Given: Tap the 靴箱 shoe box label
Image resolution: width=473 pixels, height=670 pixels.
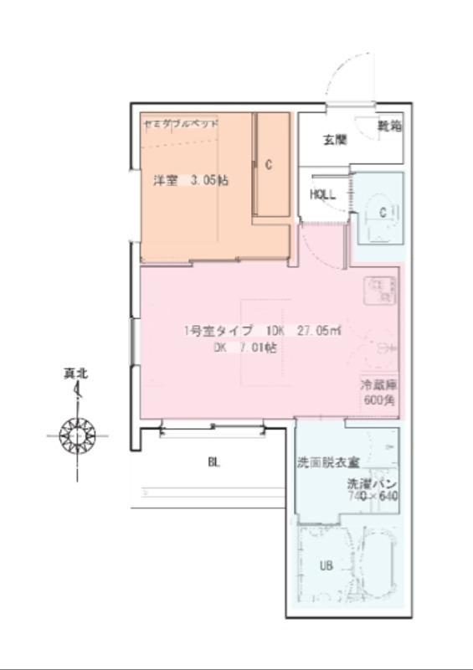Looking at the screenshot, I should pyautogui.click(x=388, y=126).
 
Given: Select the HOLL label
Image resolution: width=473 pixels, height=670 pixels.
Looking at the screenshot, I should pyautogui.click(x=322, y=194).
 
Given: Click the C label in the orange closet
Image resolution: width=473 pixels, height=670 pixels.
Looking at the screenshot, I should pyautogui.click(x=269, y=165).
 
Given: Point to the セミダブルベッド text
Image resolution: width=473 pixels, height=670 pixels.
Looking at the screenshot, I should pyautogui.click(x=182, y=123).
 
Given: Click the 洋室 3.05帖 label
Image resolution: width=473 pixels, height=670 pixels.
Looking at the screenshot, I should pyautogui.click(x=191, y=180).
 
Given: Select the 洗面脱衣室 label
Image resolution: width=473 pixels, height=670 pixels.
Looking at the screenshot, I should pyautogui.click(x=328, y=462).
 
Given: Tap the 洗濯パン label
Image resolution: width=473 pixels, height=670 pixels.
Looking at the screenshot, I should pyautogui.click(x=372, y=484).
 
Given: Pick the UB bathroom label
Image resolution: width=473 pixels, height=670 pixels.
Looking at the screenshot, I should pyautogui.click(x=326, y=565).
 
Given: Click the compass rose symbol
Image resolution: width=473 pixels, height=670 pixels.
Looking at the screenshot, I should pyautogui.click(x=77, y=435).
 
